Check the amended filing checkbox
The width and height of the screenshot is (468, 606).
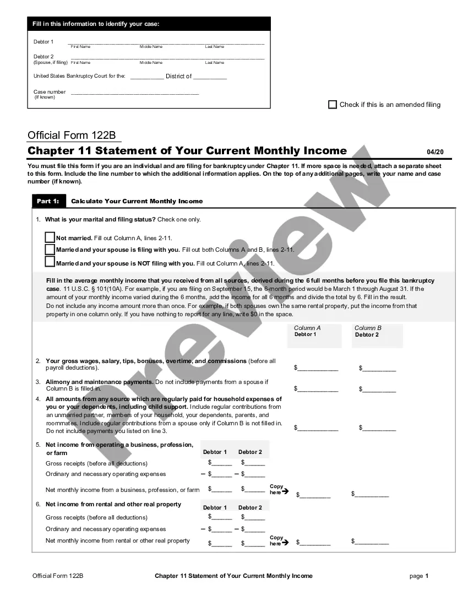point(333,105)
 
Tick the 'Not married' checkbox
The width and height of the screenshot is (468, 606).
point(50,237)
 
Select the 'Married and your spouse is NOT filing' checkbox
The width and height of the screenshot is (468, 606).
point(50,262)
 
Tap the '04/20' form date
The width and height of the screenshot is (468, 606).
point(435,152)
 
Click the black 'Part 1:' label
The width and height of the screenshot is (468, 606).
point(48,201)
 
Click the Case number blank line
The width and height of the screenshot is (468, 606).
point(135,93)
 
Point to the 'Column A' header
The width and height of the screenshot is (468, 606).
point(307,328)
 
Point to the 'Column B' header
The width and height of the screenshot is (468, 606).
point(368,328)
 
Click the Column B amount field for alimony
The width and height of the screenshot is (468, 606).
point(379,389)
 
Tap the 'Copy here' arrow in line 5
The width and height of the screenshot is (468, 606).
point(285,492)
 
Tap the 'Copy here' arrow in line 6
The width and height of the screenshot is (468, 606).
point(285,543)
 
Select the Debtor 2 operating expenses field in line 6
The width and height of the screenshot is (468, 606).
point(254,529)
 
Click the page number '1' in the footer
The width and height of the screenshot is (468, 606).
point(427,576)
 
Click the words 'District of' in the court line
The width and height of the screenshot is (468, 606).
point(178,76)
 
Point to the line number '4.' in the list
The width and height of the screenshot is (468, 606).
point(38,399)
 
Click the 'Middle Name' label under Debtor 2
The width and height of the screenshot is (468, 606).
point(151,63)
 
